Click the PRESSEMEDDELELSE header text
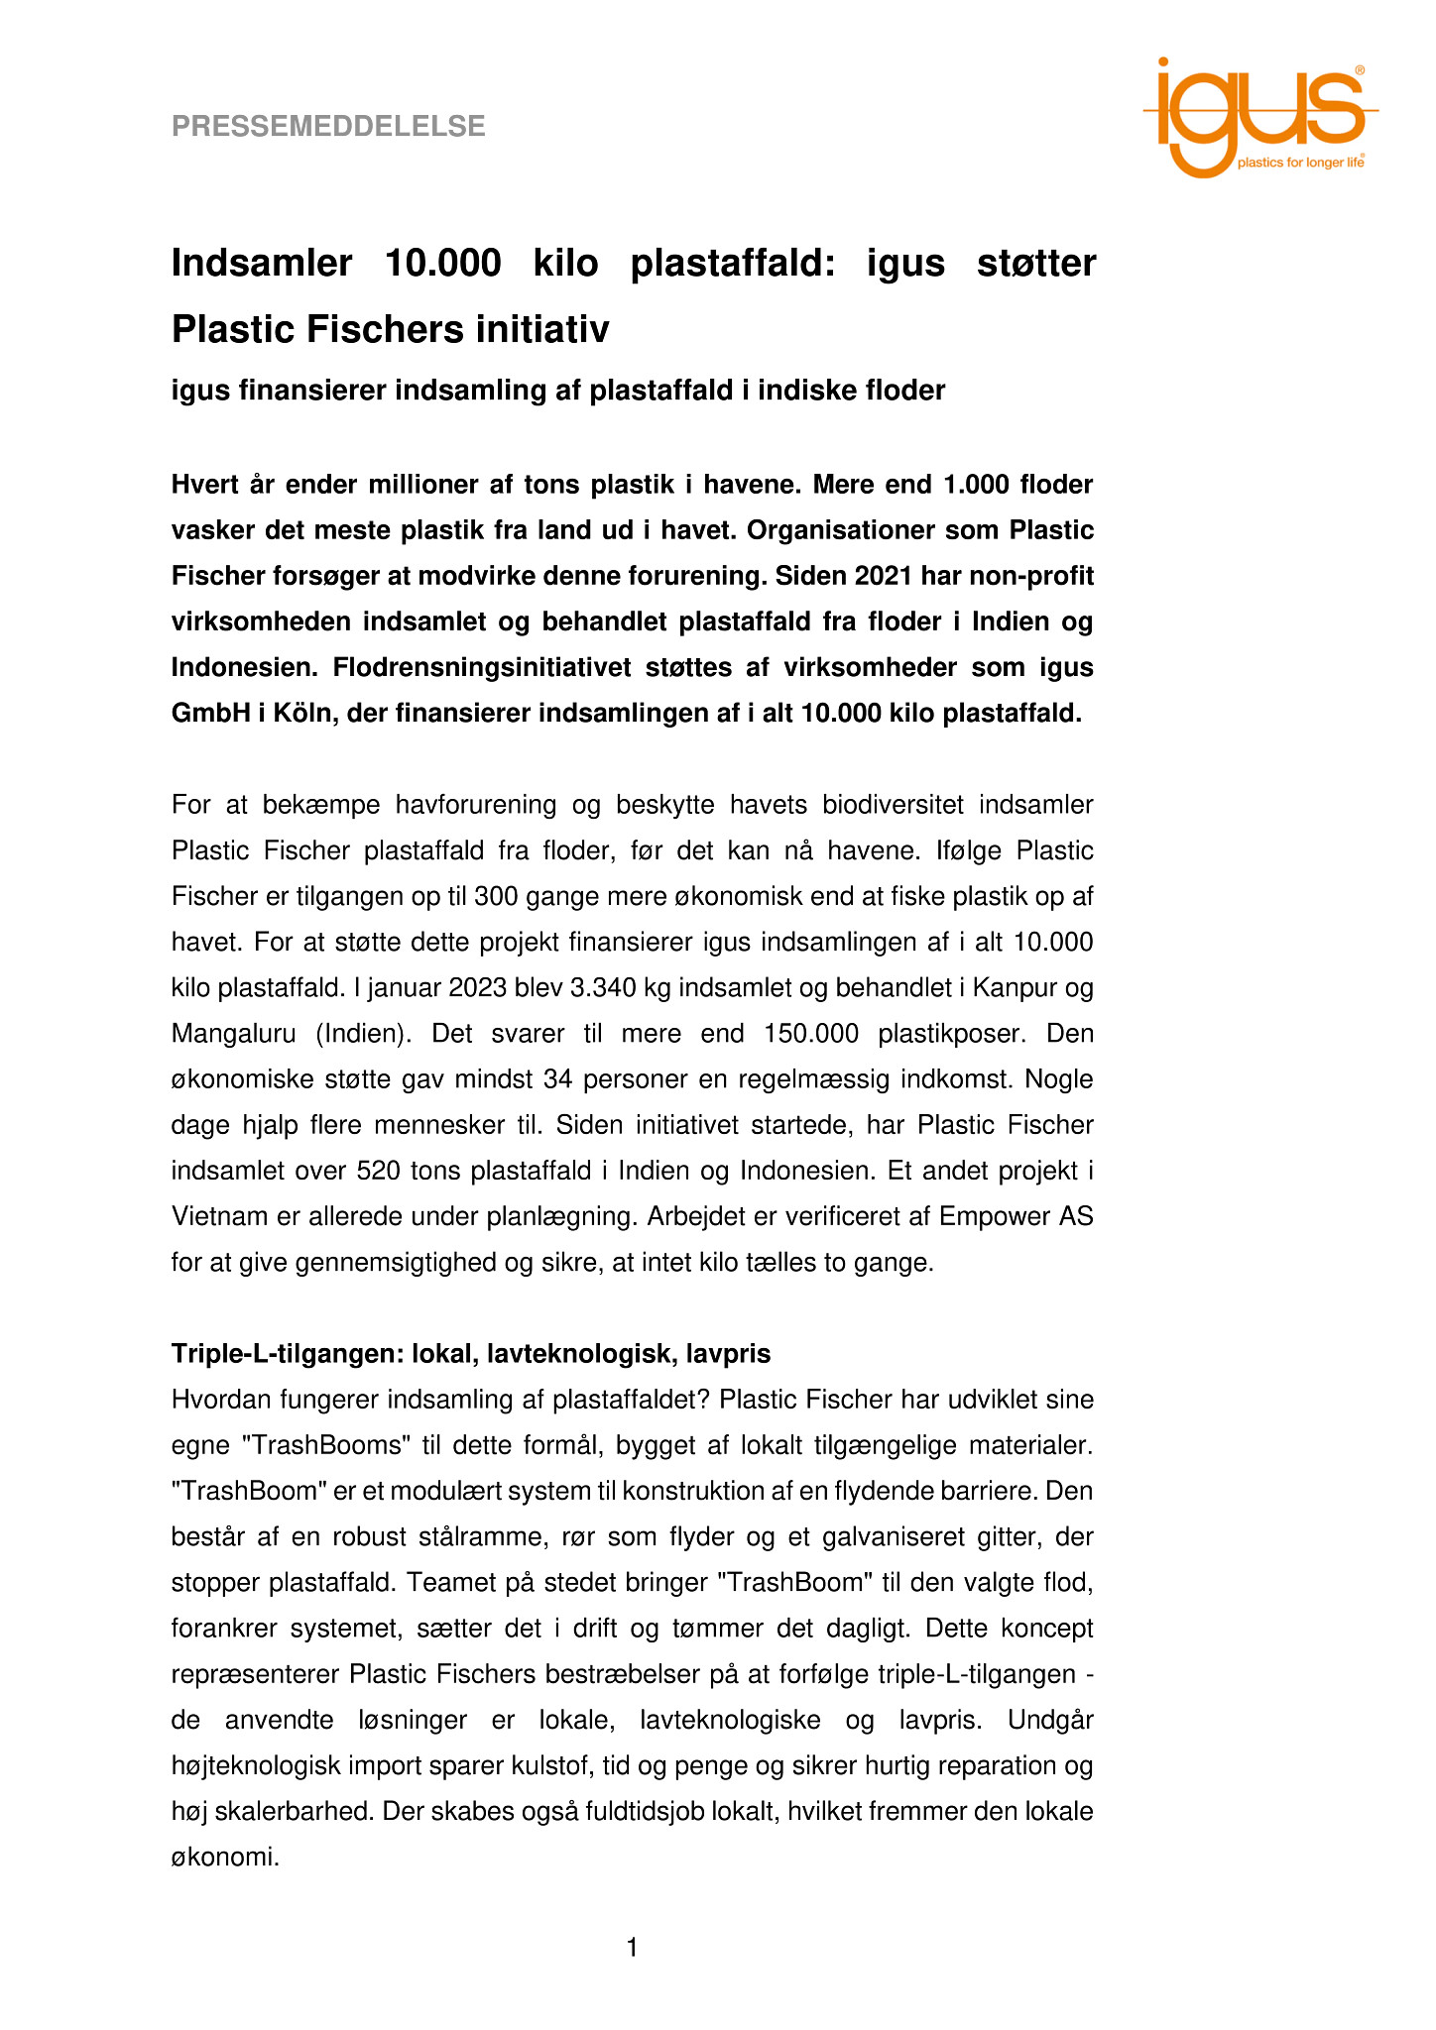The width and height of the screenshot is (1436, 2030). [x=328, y=127]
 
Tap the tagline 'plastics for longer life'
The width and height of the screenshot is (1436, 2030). [x=1299, y=163]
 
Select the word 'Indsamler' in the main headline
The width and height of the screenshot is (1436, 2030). [x=262, y=264]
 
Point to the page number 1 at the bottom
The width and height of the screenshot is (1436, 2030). [x=633, y=1949]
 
